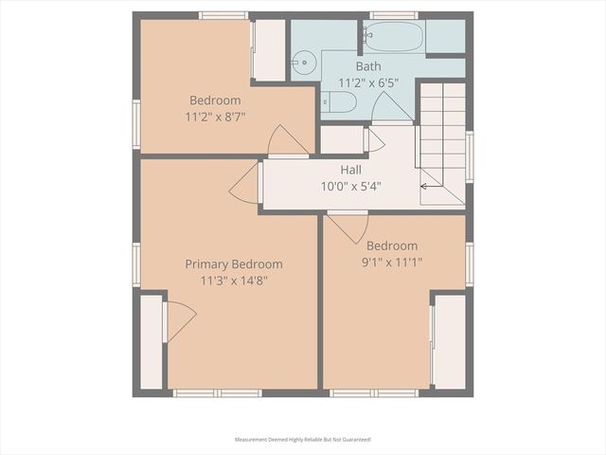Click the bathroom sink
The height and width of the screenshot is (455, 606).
pos(302,64)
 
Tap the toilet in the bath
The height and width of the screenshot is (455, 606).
pos(338,102)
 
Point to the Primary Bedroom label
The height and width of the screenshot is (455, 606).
pos(234,264)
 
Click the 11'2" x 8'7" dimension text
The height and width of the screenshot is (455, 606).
pos(215,117)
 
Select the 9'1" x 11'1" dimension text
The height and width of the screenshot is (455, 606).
pos(392,262)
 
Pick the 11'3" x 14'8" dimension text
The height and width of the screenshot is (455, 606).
pos(234,280)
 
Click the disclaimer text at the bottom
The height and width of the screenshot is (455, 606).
pos(303,440)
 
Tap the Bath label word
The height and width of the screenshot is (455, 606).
pos(368,67)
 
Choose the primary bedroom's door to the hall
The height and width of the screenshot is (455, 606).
pos(247,183)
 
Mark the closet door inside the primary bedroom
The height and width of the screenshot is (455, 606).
pos(178,320)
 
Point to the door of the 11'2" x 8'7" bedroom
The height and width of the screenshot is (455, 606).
pos(287,142)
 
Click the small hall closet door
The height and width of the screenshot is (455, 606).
pos(372,140)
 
